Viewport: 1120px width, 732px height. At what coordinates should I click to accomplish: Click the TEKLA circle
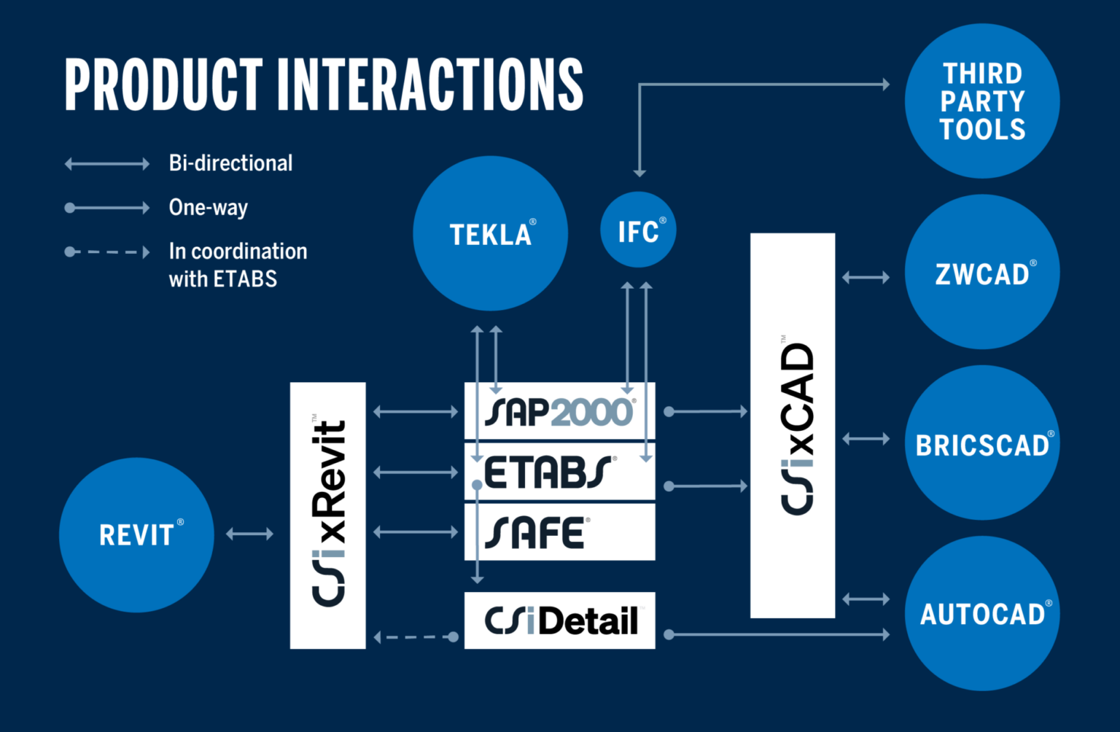[490, 233]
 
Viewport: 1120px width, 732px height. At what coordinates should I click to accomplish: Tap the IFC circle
[638, 230]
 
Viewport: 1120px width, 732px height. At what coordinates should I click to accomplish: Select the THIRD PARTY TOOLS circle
[981, 101]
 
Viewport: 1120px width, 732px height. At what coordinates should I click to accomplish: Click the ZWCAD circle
[981, 272]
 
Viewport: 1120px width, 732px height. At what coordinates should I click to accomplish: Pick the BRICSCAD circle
[981, 443]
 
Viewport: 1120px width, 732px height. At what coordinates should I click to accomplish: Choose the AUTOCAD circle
[981, 613]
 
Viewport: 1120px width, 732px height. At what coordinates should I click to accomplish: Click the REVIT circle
[136, 534]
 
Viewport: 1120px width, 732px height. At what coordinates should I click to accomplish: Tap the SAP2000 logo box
[559, 411]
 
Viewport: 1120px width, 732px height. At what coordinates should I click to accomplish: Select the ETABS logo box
[559, 472]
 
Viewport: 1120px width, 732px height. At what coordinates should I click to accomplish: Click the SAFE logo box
[559, 532]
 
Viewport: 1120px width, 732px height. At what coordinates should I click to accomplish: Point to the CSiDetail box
[559, 620]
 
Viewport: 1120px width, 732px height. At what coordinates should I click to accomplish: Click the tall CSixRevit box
[327, 515]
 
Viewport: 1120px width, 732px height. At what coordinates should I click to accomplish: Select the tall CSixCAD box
[793, 425]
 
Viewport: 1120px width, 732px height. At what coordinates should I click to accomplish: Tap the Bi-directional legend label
[230, 163]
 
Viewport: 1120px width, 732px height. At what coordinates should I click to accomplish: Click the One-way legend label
[209, 208]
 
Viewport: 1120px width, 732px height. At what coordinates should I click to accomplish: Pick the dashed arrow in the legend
[107, 252]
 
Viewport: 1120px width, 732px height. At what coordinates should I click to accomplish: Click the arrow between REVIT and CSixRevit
[249, 534]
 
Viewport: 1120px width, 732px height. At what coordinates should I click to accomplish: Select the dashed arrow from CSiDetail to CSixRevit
[416, 637]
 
